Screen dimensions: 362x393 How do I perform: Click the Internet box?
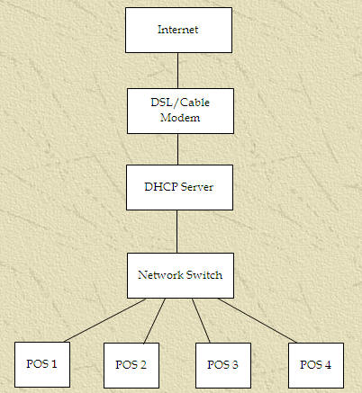point(178,30)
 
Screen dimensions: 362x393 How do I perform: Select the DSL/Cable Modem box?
point(180,111)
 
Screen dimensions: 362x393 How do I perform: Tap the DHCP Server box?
point(179,187)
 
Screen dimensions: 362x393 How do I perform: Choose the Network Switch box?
point(180,275)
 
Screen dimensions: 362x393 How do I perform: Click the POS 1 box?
point(42,364)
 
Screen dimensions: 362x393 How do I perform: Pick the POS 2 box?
point(131,365)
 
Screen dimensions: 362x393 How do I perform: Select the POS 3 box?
point(223,365)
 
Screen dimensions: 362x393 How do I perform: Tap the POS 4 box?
point(316,365)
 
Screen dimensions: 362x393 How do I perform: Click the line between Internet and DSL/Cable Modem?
point(177,70)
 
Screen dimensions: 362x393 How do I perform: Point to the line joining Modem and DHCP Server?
point(177,149)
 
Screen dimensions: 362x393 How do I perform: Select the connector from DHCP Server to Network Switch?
point(176,231)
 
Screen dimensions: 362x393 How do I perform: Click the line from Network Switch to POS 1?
point(105,320)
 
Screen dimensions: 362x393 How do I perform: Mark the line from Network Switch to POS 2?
point(155,321)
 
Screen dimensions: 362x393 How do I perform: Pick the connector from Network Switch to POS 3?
point(201,321)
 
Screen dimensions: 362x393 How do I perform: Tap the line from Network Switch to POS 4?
point(258,320)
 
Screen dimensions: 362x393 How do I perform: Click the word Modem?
point(180,118)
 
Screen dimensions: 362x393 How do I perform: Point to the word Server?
point(197,187)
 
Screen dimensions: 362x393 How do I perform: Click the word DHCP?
point(161,187)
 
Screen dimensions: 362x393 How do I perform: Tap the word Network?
point(160,275)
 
